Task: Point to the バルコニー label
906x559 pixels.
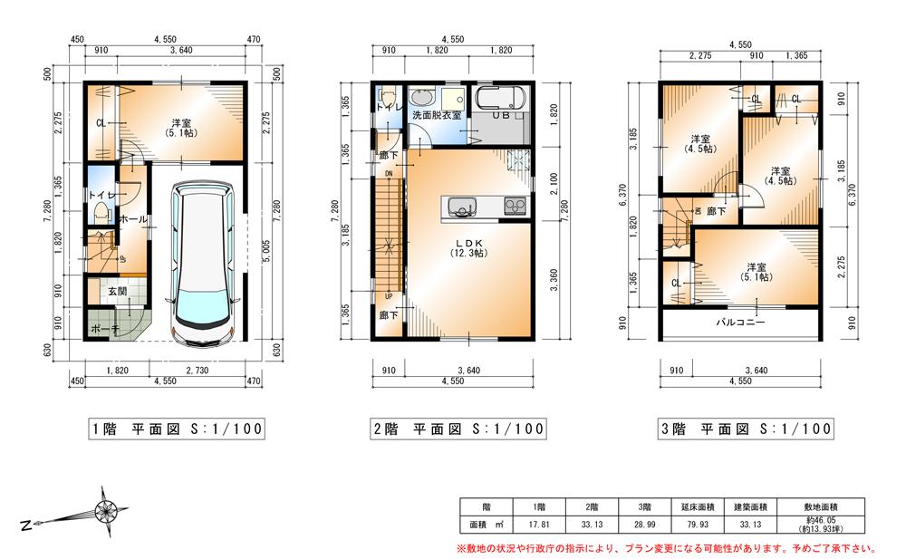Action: click(x=740, y=322)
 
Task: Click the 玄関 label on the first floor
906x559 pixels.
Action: click(x=117, y=291)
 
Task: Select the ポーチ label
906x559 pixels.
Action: click(x=102, y=327)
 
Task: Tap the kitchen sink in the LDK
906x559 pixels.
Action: click(x=461, y=207)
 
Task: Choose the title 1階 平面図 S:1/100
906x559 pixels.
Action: click(x=165, y=429)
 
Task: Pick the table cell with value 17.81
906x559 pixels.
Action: click(x=535, y=523)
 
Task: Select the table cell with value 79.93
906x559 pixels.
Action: click(x=699, y=523)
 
